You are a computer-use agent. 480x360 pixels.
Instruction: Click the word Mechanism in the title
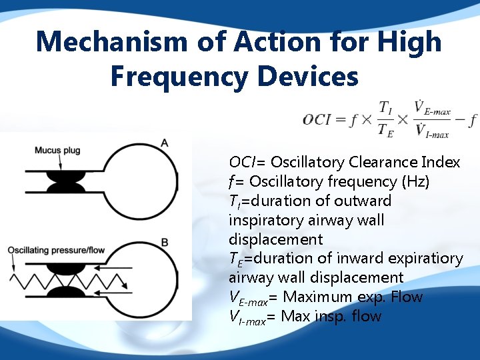click(111, 42)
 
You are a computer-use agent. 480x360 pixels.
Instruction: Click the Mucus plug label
click(57, 150)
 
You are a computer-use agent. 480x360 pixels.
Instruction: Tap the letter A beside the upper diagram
click(164, 143)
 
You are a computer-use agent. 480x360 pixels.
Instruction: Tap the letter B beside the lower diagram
click(164, 241)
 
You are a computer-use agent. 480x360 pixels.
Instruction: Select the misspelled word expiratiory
click(425, 259)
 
